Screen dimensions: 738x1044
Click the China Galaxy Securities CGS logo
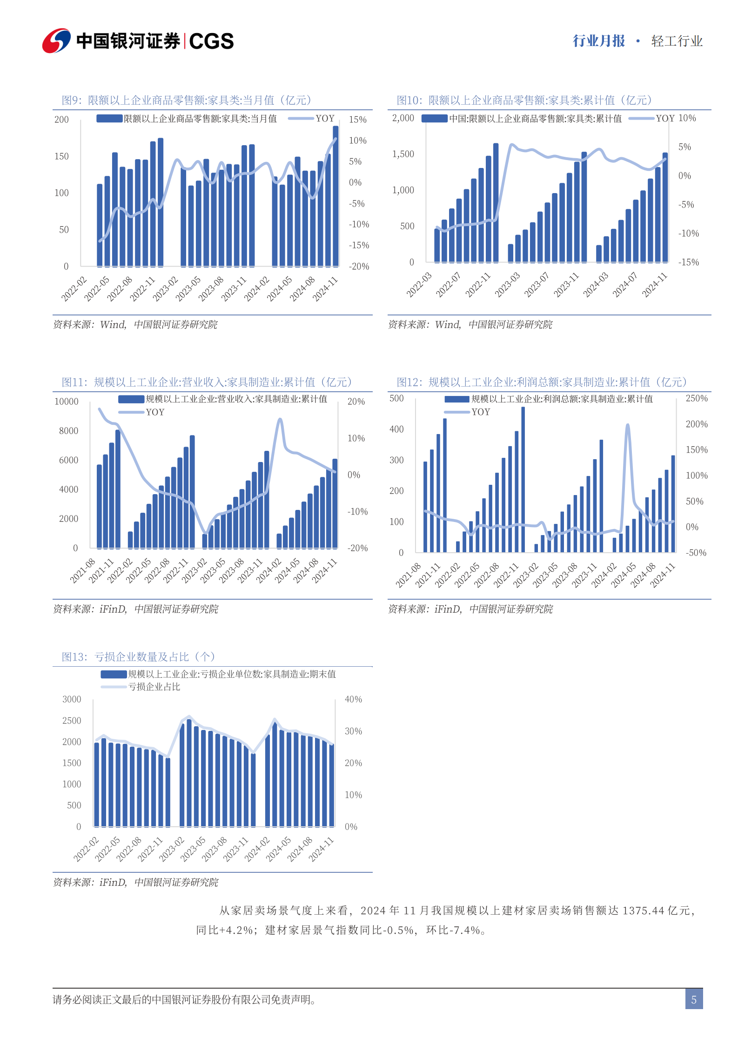(x=138, y=41)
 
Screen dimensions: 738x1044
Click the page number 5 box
(x=694, y=999)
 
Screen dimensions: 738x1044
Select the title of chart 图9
(x=187, y=100)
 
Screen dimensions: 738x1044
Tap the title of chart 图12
(x=542, y=382)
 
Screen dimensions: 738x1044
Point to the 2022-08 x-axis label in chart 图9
(x=120, y=288)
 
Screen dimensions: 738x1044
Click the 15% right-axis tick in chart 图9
(x=358, y=120)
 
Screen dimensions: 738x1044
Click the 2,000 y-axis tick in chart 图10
(x=403, y=118)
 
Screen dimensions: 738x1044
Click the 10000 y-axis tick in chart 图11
(x=67, y=402)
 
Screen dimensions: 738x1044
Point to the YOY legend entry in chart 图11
(x=141, y=412)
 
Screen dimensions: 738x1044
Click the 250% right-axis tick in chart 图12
(x=697, y=398)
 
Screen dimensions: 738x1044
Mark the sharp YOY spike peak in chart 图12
(x=628, y=425)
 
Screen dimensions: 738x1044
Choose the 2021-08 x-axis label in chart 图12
(x=409, y=575)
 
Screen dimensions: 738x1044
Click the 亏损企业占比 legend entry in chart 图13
(x=141, y=687)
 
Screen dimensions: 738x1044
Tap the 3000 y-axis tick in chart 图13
(x=72, y=699)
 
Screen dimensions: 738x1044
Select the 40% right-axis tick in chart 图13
(x=353, y=699)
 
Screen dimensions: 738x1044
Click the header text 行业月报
(x=599, y=41)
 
